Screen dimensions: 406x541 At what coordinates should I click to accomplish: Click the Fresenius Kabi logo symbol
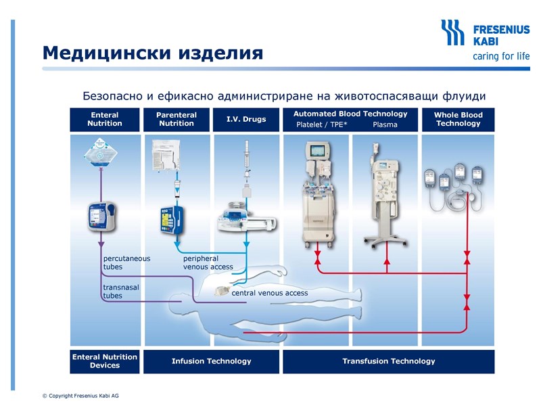tap(452, 32)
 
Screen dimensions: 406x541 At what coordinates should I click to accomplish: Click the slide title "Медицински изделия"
tap(152, 52)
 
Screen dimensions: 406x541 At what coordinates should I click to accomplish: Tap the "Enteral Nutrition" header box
tap(105, 119)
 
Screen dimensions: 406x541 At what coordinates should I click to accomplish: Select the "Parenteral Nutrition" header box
tap(177, 119)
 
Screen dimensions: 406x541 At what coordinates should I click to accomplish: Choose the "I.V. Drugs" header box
tap(246, 119)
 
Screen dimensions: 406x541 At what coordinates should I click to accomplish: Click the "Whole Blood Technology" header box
tap(458, 119)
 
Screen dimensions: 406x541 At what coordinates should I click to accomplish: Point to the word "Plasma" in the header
tap(385, 125)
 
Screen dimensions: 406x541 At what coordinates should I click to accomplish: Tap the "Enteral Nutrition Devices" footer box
tap(105, 361)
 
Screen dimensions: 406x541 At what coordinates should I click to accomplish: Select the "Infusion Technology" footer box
tap(211, 361)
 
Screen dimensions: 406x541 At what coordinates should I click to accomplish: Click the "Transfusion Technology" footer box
tap(388, 361)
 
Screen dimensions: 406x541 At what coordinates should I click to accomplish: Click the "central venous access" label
tap(269, 293)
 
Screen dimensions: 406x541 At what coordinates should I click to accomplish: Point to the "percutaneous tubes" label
tap(126, 263)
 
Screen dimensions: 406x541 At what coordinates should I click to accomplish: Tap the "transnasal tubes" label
tap(121, 291)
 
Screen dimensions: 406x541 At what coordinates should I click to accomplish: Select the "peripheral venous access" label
tap(208, 263)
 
